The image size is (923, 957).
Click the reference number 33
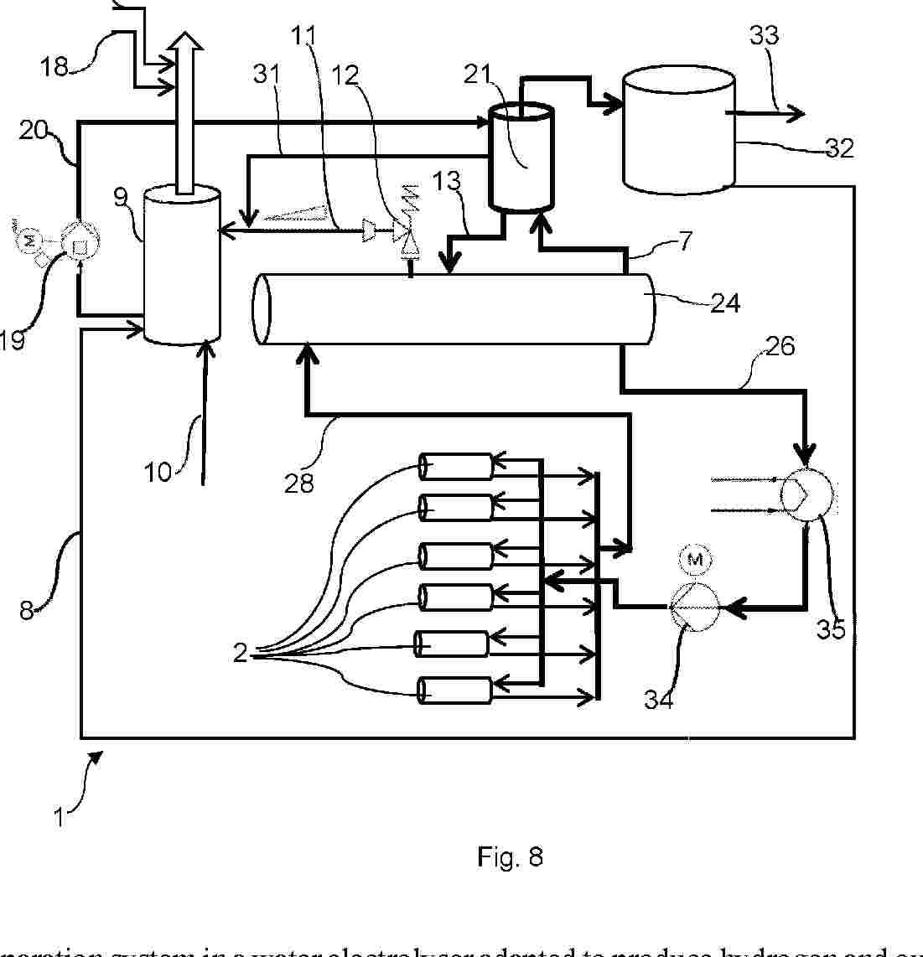point(764,35)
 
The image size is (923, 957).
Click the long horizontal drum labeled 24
point(453,308)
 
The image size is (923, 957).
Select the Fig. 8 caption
point(510,856)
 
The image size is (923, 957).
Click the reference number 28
point(299,483)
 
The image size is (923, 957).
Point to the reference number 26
point(780,345)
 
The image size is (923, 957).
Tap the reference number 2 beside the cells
point(241,652)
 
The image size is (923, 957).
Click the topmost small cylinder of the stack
point(455,467)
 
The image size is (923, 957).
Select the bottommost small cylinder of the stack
point(454,689)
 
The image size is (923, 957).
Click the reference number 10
point(158,472)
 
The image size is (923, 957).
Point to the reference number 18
point(54,66)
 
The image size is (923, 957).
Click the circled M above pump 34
point(692,559)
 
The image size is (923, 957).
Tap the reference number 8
point(27,609)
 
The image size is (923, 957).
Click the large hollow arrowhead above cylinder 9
point(182,44)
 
